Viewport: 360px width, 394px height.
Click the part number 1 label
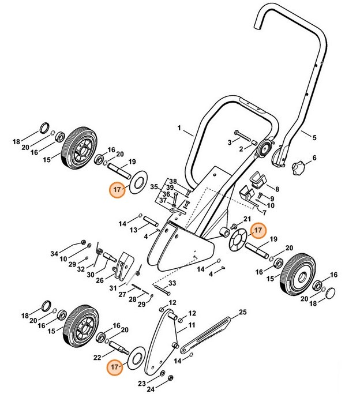(179, 127)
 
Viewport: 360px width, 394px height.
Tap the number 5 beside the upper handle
(314, 138)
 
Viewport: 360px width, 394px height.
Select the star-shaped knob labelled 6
(298, 168)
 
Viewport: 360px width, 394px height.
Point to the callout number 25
(242, 312)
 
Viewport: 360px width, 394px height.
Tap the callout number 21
(247, 219)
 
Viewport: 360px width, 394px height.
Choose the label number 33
(171, 284)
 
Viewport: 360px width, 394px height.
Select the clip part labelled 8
(258, 181)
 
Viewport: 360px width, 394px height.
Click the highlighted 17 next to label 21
(257, 230)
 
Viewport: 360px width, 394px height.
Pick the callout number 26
(100, 280)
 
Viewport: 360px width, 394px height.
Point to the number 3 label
(229, 141)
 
